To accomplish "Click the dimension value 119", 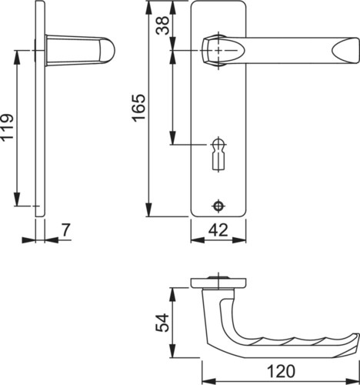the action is pyautogui.click(x=7, y=127).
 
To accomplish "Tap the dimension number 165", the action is pyautogui.click(x=138, y=108).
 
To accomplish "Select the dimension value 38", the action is pyautogui.click(x=163, y=25).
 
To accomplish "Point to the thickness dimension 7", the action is pyautogui.click(x=65, y=230).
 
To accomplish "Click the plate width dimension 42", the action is pyautogui.click(x=218, y=230).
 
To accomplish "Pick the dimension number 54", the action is pyautogui.click(x=162, y=323).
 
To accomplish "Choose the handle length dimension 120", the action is pyautogui.click(x=281, y=371).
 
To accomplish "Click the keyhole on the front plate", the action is pyautogui.click(x=218, y=155).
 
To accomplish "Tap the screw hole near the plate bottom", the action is pyautogui.click(x=218, y=206).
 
